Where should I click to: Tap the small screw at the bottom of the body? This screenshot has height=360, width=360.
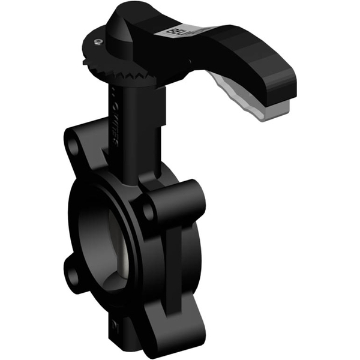tap(114, 327)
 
